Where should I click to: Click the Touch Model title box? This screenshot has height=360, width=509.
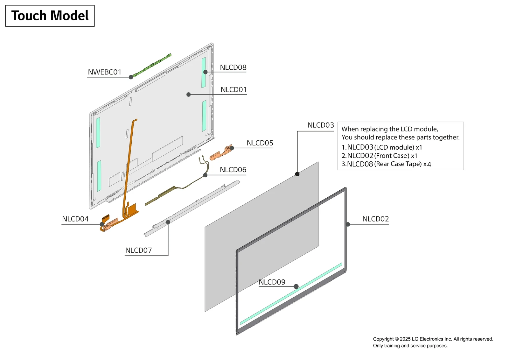pos(50,16)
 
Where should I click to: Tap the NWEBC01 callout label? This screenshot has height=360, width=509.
pos(104,72)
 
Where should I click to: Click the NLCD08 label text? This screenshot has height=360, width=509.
pos(233,67)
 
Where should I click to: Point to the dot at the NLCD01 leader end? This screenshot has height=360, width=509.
pos(189,95)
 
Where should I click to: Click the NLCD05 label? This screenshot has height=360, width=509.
pos(260,143)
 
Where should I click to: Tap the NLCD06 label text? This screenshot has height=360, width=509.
pos(233,170)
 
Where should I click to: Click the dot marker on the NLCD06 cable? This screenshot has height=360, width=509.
pos(206,175)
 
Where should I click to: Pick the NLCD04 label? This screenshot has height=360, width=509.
pos(75,219)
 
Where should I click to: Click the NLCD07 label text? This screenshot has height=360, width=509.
pos(138,251)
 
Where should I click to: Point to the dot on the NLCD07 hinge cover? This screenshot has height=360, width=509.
pos(168,222)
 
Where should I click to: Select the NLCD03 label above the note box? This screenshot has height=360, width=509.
pos(320,125)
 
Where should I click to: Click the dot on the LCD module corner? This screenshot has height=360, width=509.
pos(297,174)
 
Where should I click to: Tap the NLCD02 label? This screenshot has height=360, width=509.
pos(375,219)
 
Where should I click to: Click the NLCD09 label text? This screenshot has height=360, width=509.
pos(272,282)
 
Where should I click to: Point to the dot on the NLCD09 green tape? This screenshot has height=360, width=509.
pos(296,286)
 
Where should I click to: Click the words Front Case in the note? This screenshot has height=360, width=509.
pos(392,156)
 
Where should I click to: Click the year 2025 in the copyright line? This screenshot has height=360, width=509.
pos(405,339)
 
